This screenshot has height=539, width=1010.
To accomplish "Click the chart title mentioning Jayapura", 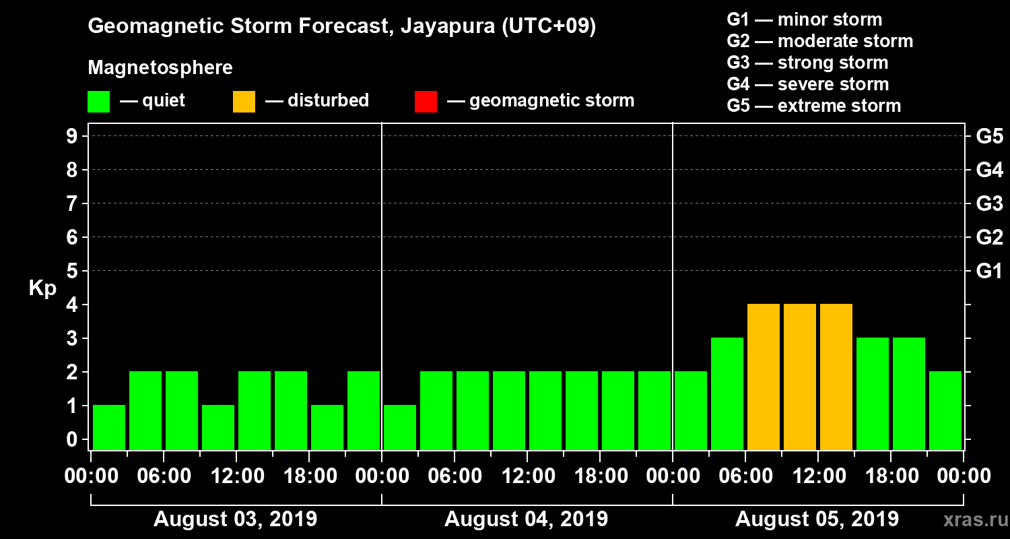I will (342, 26).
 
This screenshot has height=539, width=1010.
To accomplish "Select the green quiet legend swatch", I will (98, 102).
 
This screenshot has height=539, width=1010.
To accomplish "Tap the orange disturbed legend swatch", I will (244, 102).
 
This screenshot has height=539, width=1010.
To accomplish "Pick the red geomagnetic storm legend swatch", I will (426, 102).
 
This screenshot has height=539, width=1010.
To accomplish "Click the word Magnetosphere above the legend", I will (160, 68).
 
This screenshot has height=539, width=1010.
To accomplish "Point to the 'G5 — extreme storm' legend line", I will (813, 106).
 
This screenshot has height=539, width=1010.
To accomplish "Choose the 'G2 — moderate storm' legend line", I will (819, 41).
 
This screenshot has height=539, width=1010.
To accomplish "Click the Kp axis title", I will (42, 288).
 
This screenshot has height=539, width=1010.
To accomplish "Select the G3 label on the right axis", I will (989, 203).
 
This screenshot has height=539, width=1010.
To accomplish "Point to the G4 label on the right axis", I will (989, 170).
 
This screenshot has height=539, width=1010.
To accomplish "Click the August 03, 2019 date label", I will (236, 519).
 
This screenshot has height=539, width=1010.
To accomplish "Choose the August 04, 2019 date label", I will (526, 519).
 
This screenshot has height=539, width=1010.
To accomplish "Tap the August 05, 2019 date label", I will (817, 519).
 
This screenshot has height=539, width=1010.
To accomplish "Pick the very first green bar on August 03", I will (109, 426).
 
